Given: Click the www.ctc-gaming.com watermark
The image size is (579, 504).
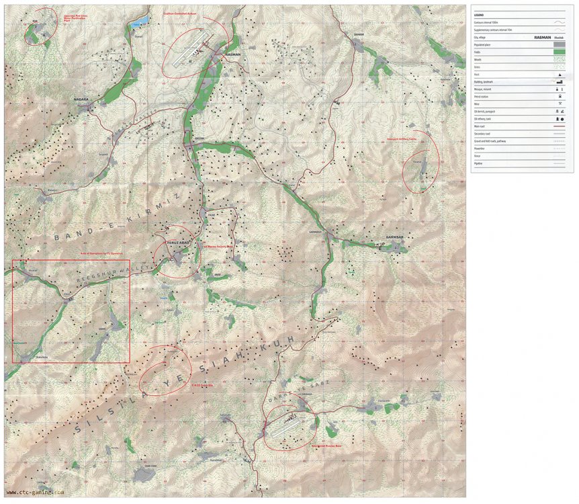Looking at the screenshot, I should coord(35,491).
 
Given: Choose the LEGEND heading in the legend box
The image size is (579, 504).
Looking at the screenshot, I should coord(479,14).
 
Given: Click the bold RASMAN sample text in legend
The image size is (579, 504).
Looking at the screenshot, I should coord(542,37).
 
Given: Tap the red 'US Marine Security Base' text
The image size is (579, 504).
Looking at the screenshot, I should coord(218,246).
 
